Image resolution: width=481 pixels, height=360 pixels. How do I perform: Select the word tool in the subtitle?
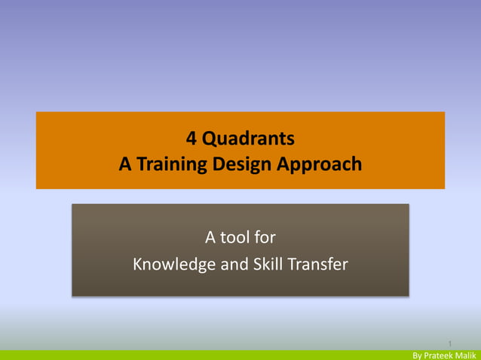point(235,239)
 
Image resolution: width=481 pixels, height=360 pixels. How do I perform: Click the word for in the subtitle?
point(265,239)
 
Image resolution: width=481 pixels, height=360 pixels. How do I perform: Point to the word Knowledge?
point(170,264)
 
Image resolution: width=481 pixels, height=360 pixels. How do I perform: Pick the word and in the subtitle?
point(227,264)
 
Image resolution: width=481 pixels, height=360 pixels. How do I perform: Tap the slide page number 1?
point(449,343)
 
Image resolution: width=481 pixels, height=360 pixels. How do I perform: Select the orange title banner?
point(75,151)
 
